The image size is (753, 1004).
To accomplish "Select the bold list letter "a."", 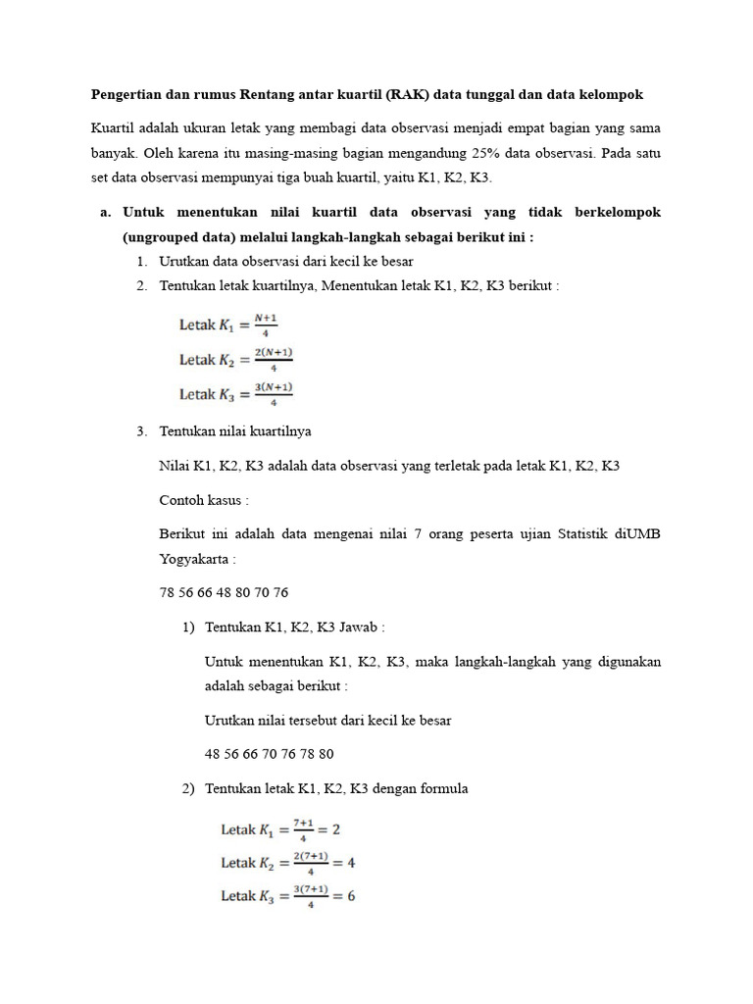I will [x=105, y=212].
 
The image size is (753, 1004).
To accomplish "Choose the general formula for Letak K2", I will [x=235, y=360].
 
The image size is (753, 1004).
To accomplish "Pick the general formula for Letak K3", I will [x=235, y=394].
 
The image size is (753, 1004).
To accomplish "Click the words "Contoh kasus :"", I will [x=204, y=500].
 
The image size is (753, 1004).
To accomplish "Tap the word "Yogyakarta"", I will [x=196, y=560].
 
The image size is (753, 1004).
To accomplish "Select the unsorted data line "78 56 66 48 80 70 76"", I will [x=224, y=593].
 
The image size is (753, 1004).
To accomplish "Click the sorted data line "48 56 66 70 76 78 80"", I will [x=270, y=754].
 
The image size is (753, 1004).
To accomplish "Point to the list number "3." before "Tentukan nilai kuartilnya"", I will [x=142, y=431].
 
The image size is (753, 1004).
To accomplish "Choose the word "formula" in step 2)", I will [x=445, y=788].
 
